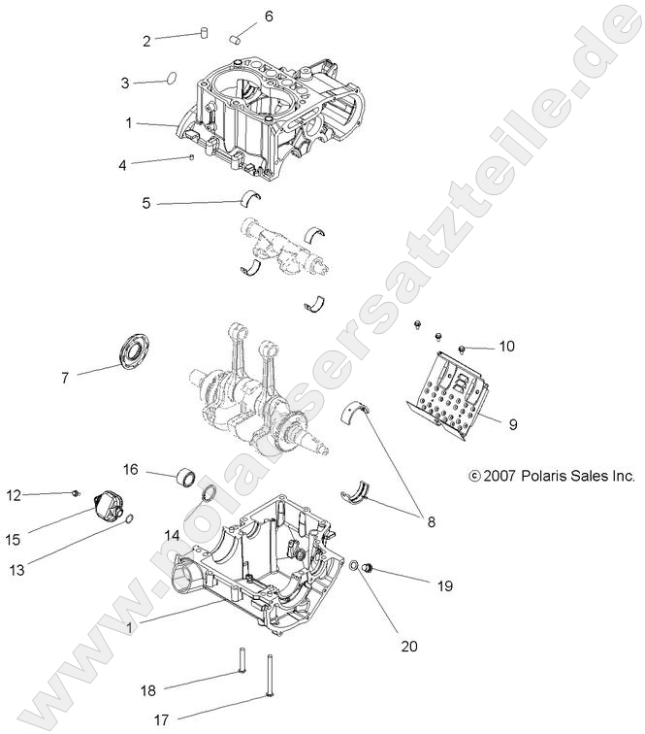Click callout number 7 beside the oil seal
(65, 378)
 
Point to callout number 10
(507, 347)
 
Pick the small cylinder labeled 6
(236, 40)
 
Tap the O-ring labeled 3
(169, 79)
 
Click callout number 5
(146, 204)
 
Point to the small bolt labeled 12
(75, 494)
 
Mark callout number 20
(409, 645)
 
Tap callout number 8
(431, 521)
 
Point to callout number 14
(171, 535)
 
